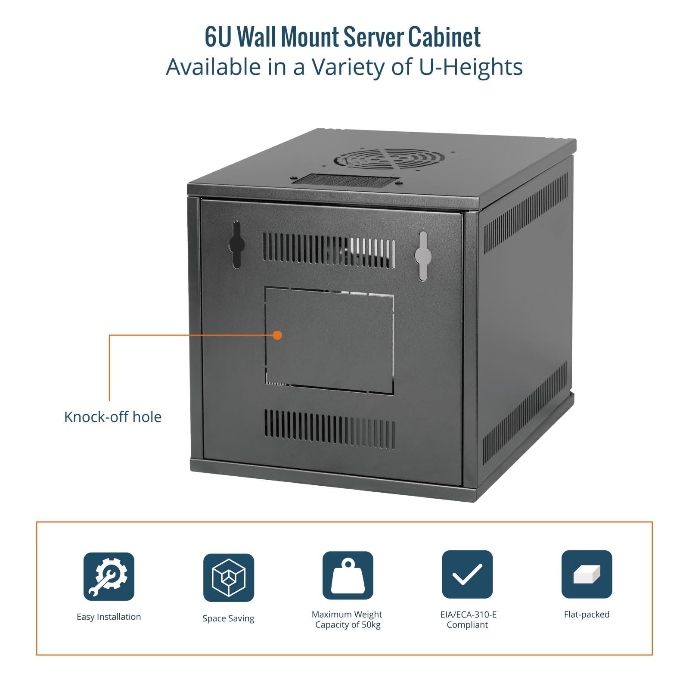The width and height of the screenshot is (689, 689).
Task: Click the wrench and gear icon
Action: pos(109,576)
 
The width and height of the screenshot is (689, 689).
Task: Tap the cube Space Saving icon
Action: pos(229,577)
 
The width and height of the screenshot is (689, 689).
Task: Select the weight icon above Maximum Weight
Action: pos(348,575)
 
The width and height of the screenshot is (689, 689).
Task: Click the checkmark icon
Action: pos(467,574)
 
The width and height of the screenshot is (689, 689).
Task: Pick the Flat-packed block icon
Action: pos(587,574)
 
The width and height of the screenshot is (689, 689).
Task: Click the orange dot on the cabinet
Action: pos(278,335)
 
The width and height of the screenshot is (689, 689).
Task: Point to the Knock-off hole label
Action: pos(113,417)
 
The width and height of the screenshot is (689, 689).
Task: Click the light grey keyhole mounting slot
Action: pos(423,256)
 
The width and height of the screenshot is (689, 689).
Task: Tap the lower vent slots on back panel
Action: pos(329,429)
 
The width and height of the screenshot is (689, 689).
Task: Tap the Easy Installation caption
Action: pos(109,617)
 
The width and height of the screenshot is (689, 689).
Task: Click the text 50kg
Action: pos(371,625)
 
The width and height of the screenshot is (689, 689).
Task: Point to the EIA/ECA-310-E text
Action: pos(469,615)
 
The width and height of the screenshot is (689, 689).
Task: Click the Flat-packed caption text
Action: pos(587,615)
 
